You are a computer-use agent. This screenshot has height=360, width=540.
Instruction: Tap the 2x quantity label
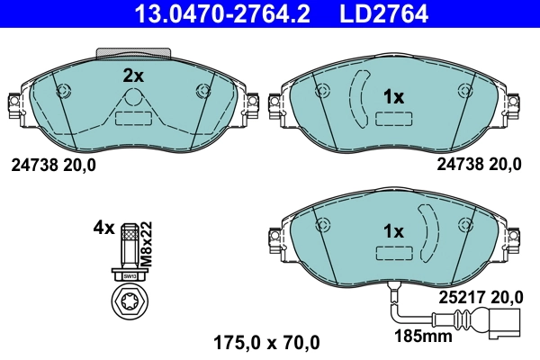[133, 76]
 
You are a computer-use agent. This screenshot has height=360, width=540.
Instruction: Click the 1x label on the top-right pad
[394, 95]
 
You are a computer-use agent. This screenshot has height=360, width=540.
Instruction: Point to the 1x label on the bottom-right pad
[394, 232]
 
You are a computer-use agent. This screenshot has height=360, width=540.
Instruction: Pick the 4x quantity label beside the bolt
[103, 228]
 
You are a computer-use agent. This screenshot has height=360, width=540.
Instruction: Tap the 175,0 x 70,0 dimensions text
[265, 342]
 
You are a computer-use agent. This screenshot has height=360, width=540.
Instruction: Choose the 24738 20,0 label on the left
[52, 165]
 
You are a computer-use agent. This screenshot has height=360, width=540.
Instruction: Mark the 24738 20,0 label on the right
[479, 165]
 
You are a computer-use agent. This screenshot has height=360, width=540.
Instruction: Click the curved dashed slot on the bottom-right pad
[428, 232]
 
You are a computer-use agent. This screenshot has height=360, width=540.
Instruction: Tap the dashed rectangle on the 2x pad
[134, 117]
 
